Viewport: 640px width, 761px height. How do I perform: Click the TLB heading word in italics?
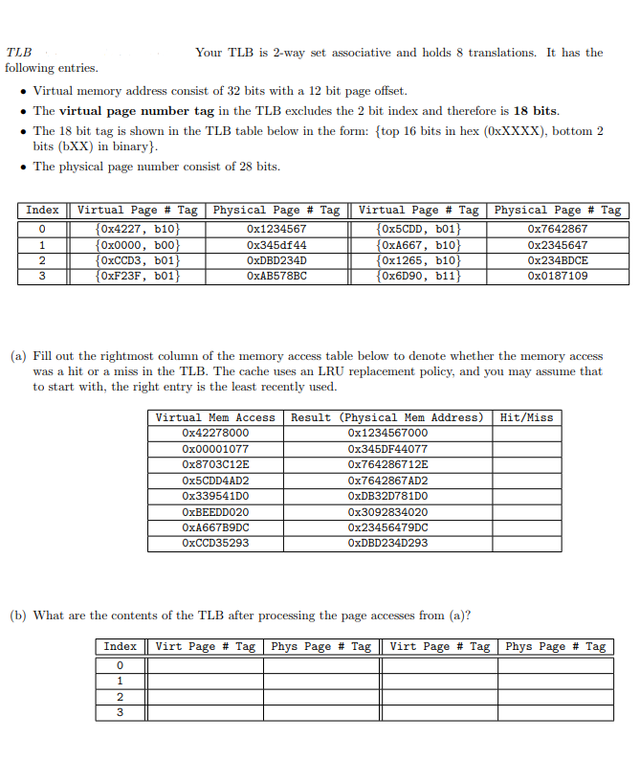pos(18,53)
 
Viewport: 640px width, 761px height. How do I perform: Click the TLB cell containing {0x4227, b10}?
pos(137,229)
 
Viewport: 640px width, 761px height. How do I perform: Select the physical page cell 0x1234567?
pos(276,229)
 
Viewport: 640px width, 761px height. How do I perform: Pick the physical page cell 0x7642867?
pos(558,229)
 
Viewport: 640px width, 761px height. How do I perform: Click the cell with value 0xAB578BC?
pos(276,277)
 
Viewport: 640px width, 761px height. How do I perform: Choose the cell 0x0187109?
pos(558,277)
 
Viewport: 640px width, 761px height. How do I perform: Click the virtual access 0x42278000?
pos(215,433)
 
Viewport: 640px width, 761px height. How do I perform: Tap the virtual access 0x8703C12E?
pos(215,464)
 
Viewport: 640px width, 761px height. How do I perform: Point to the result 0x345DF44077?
pos(387,449)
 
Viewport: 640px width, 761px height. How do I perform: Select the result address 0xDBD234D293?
pos(387,543)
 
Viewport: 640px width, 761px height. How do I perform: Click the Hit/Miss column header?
pos(526,417)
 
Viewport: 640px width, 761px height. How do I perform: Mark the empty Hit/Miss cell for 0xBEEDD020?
pos(526,511)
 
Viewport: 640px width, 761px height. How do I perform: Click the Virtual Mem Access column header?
pos(215,417)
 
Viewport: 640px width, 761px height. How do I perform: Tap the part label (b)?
pos(19,616)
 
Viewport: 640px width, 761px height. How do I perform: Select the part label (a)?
pos(19,356)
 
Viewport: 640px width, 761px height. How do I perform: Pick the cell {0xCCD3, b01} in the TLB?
pos(137,260)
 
